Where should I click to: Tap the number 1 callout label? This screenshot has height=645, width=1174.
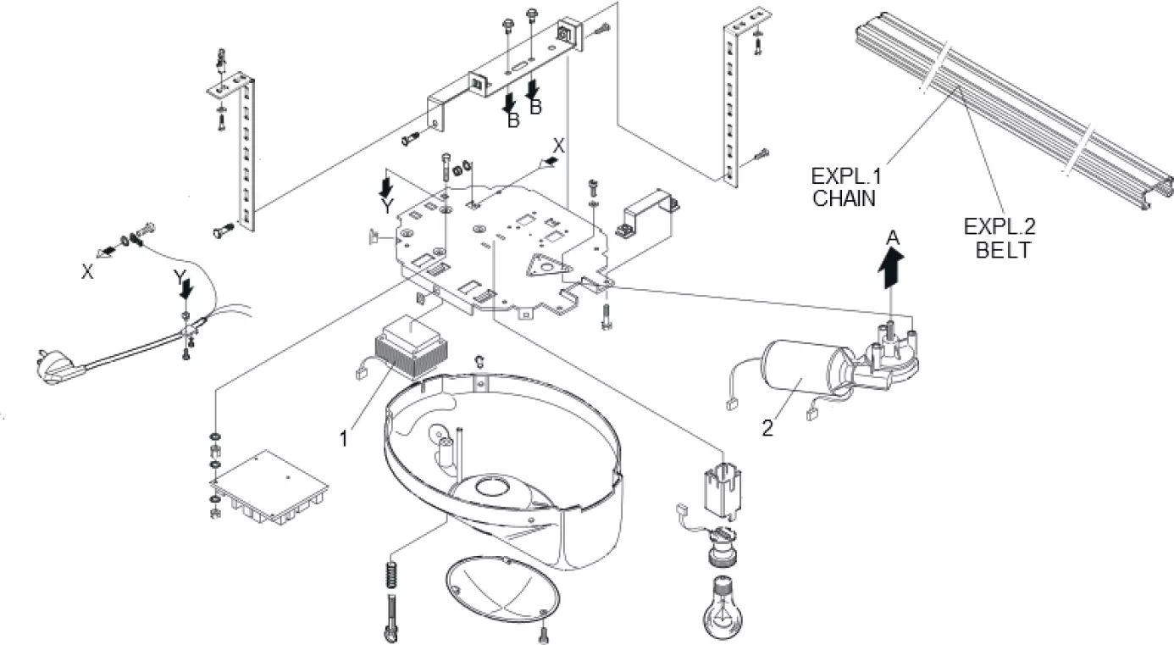(x=344, y=438)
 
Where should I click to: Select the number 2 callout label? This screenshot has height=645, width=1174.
(x=767, y=428)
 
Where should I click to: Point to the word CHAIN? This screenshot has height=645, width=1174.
(x=842, y=198)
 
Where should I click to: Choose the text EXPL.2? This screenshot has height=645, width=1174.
(x=999, y=228)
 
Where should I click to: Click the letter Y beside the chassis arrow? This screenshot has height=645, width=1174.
(x=387, y=206)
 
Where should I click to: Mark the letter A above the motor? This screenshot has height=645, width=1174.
(x=891, y=241)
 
